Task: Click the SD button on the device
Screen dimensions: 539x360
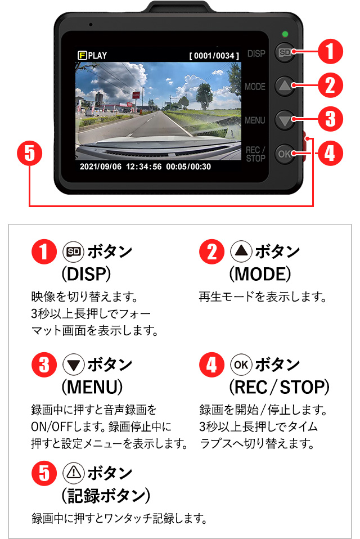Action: coord(285,52)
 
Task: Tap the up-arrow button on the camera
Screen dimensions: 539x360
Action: coord(285,86)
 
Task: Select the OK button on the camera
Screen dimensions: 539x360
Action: coord(285,154)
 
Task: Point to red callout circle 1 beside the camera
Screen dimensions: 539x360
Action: coord(331,52)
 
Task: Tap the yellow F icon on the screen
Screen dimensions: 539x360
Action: coord(82,56)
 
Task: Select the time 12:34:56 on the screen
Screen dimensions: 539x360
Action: coord(144,167)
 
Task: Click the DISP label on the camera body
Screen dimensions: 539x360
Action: coord(256,54)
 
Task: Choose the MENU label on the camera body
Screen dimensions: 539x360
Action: coord(255,120)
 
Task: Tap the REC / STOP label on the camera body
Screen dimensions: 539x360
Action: coord(255,154)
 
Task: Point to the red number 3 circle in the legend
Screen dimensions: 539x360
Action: coord(44,366)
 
